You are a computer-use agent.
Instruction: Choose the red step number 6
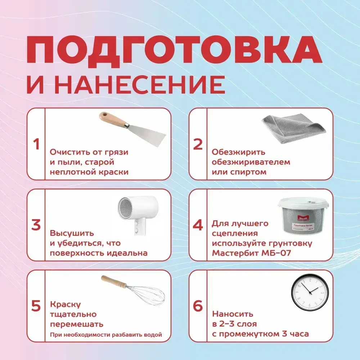198,306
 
